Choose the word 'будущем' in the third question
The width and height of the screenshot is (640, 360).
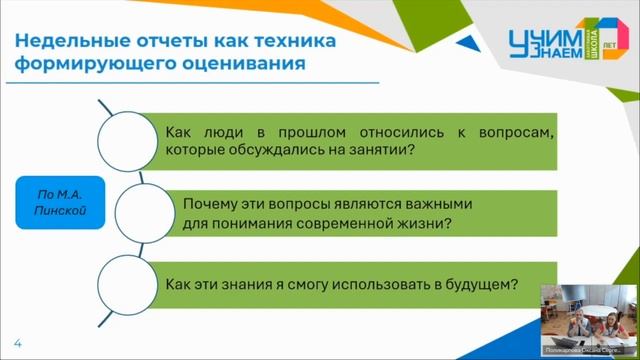[484, 283]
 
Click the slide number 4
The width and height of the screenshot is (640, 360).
[17, 343]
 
